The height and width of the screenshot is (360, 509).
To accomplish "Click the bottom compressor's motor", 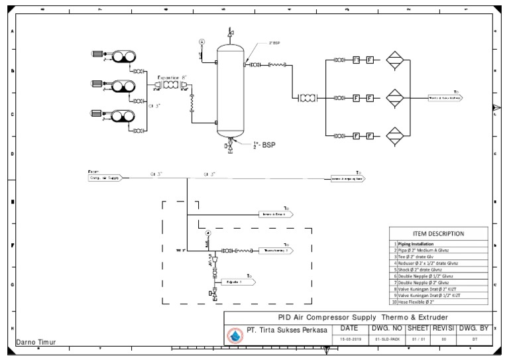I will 97,114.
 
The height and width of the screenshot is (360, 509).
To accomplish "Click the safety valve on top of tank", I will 230,32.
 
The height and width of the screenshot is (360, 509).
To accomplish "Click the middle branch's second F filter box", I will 370,98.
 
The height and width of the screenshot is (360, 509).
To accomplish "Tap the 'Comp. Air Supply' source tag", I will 104,178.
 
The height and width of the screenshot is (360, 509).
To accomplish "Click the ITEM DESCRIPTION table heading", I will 438,233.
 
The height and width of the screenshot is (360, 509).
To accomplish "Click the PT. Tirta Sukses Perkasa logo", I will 235,335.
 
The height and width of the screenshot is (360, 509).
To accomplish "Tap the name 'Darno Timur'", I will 36,343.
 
